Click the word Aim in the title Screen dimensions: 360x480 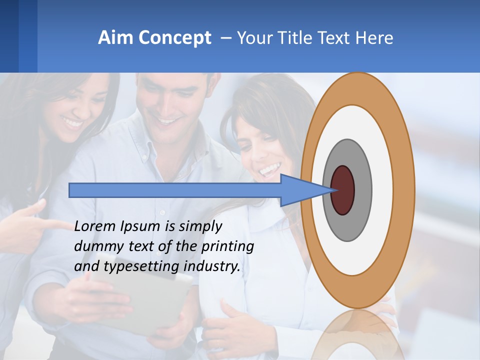coord(116,38)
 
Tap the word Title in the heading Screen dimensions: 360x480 coord(294,38)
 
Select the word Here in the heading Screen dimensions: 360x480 coord(375,38)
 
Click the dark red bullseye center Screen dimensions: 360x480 coord(342,190)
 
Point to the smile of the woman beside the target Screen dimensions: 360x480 coord(269,170)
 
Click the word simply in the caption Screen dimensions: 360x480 coord(200,227)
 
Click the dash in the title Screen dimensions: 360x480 coord(225,38)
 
